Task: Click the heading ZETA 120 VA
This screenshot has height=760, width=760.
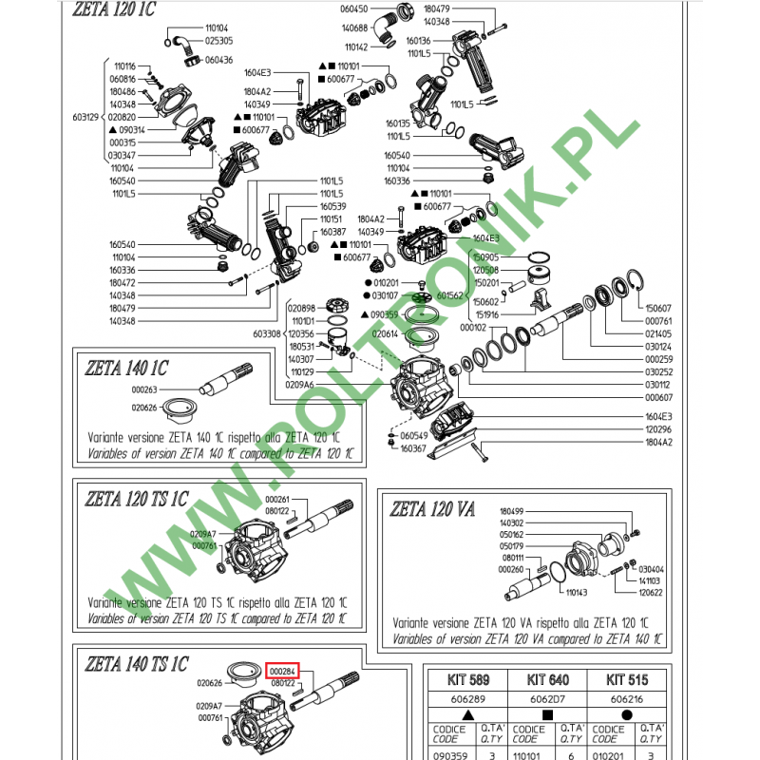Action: click(x=432, y=509)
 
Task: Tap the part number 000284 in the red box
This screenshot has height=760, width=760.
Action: click(x=282, y=672)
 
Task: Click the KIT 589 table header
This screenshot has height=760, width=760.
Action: click(x=466, y=679)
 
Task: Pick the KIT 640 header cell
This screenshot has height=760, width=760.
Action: click(x=545, y=679)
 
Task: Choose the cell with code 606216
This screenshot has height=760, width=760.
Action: click(x=623, y=696)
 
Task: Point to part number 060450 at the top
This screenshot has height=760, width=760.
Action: click(x=353, y=8)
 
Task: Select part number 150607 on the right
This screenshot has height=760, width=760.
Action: click(x=658, y=309)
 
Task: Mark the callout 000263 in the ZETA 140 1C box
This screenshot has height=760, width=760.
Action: click(x=144, y=389)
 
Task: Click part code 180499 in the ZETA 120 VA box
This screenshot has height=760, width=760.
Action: click(x=511, y=510)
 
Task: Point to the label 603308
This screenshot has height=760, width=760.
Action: click(x=268, y=334)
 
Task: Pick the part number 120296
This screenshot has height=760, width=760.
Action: click(x=658, y=429)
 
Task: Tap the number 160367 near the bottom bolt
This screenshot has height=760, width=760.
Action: click(x=413, y=448)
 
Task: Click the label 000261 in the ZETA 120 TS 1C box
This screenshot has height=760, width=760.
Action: click(x=277, y=500)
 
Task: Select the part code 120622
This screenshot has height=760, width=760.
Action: click(x=651, y=591)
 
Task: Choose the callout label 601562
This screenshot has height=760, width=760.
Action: click(x=449, y=295)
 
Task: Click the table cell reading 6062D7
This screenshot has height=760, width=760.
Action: click(x=545, y=696)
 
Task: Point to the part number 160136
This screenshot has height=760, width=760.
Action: click(x=419, y=41)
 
